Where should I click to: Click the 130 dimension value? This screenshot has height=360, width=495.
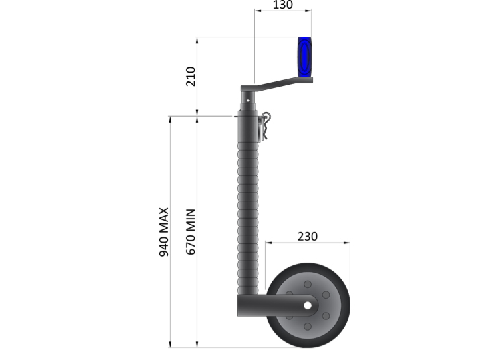pos(283,5)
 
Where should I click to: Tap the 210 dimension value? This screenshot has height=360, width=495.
pos(191,77)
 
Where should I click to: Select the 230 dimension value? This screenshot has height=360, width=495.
pos(307,236)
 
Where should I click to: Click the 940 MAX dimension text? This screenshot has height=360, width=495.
pos(164,232)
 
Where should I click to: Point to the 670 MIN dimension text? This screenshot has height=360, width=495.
pos(191,232)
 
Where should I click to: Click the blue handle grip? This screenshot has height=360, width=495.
pos(304,57)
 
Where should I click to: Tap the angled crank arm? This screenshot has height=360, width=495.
pos(277,84)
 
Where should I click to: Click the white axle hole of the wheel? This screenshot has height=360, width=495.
pos(308,305)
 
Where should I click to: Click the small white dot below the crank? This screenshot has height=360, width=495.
pos(248,101)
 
